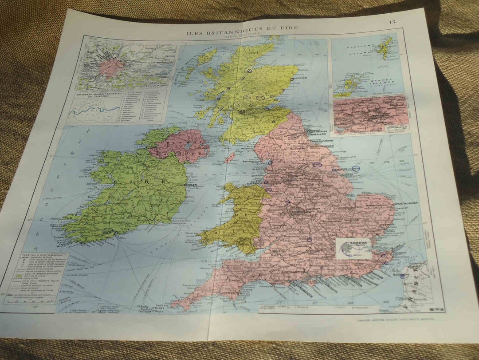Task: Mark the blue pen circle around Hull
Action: (355, 169)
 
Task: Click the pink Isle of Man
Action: (230, 158)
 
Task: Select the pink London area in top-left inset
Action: (111, 67)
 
